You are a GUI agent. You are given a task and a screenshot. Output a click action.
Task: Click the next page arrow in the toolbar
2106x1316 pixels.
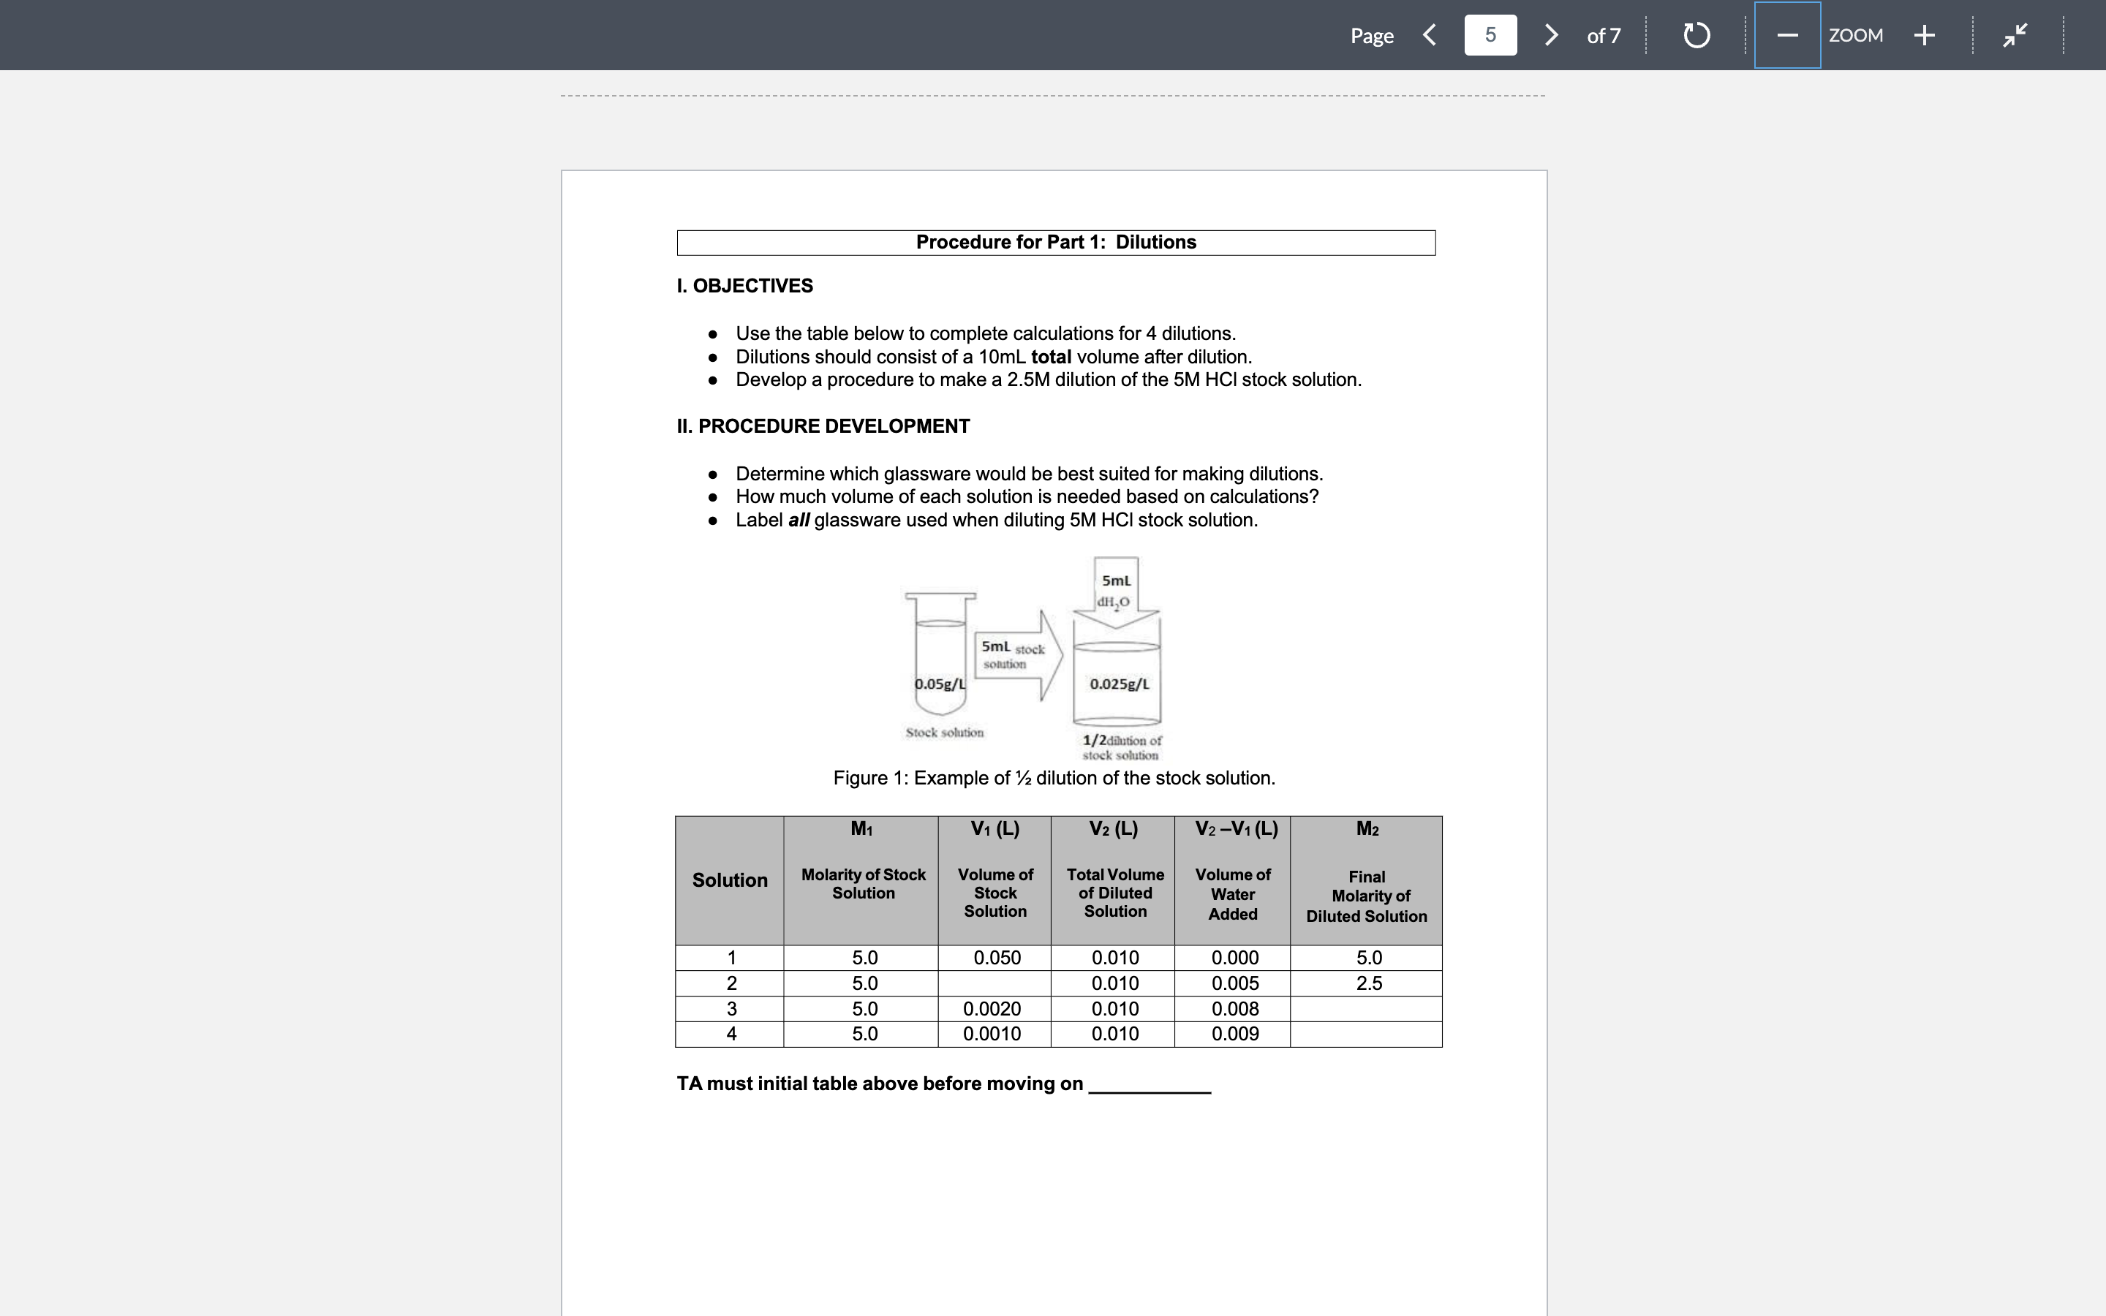(x=1551, y=35)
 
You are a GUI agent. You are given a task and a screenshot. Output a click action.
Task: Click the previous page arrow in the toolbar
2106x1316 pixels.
(x=1429, y=35)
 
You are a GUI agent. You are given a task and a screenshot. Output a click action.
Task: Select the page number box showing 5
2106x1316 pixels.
(x=1490, y=35)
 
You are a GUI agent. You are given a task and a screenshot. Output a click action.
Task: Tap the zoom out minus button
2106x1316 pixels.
(x=1786, y=35)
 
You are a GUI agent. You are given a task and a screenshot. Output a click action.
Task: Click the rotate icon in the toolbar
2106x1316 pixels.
(x=1696, y=35)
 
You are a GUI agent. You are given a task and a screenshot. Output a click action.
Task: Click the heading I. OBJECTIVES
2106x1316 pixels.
(x=744, y=285)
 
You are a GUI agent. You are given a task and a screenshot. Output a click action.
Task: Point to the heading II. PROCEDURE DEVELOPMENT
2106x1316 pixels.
(x=823, y=426)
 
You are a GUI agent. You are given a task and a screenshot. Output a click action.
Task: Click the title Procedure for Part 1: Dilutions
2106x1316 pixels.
(x=1056, y=242)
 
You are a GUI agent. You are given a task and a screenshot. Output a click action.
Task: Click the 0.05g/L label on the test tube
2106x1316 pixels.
(x=940, y=684)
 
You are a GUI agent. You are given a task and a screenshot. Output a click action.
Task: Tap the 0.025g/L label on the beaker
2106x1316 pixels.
(x=1119, y=684)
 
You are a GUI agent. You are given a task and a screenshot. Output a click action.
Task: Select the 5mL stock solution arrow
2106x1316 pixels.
(x=1016, y=655)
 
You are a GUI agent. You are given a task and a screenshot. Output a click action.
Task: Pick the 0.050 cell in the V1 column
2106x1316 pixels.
(x=997, y=958)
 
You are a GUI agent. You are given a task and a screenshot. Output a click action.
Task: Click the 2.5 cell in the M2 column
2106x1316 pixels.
(x=1368, y=983)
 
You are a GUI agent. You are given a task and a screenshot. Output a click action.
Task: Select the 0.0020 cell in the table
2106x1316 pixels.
(x=992, y=1009)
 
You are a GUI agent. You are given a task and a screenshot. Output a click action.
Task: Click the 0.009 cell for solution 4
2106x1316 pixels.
(x=1234, y=1034)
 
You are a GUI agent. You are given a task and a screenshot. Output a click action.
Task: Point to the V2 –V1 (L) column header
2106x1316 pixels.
(x=1236, y=828)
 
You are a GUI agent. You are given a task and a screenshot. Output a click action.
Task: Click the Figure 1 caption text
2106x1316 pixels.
(x=1054, y=778)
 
